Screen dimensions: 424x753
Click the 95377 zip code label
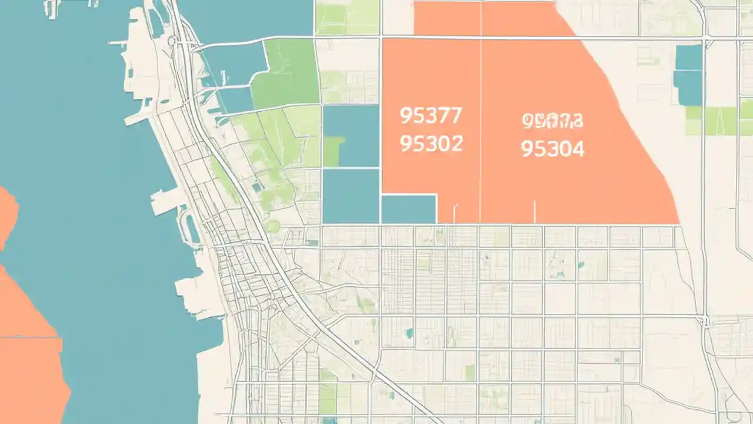click(431, 116)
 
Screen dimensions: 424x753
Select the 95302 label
click(431, 143)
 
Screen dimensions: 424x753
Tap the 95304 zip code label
click(552, 149)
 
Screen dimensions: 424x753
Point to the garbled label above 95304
click(552, 121)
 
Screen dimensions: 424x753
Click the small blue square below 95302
click(409, 210)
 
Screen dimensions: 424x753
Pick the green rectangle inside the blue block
click(333, 151)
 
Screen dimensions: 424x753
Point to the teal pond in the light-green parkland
click(257, 187)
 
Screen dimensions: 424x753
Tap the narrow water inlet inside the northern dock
click(157, 24)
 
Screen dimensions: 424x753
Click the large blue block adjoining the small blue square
click(351, 196)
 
